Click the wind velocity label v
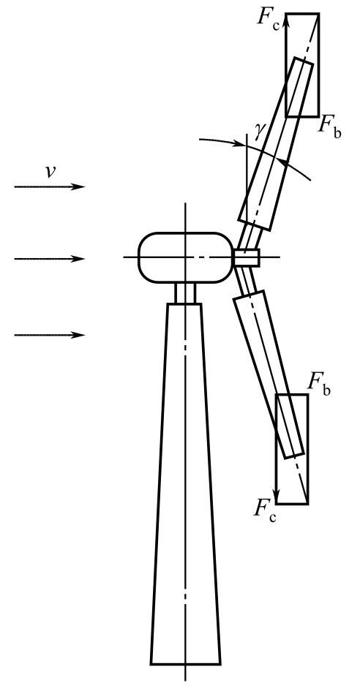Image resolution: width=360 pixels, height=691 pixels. (50, 172)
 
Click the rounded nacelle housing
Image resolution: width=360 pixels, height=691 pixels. (186, 257)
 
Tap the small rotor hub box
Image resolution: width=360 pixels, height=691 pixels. (246, 258)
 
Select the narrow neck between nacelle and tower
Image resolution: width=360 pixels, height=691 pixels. (185, 292)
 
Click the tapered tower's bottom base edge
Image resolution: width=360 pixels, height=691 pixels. (185, 664)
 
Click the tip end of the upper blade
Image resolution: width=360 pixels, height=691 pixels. (304, 61)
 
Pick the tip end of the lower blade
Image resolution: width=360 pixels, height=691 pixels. (295, 456)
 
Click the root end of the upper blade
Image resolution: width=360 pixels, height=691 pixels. (255, 224)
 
